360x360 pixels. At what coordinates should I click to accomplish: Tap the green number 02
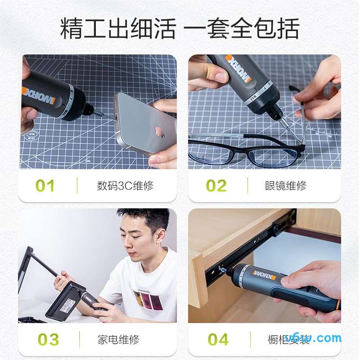click(x=216, y=186)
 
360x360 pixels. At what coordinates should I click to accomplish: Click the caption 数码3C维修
click(x=125, y=186)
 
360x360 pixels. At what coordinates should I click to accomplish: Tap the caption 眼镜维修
click(x=286, y=186)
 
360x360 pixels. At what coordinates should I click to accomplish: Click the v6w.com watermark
click(x=319, y=337)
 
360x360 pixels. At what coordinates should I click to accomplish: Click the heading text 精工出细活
click(x=118, y=29)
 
